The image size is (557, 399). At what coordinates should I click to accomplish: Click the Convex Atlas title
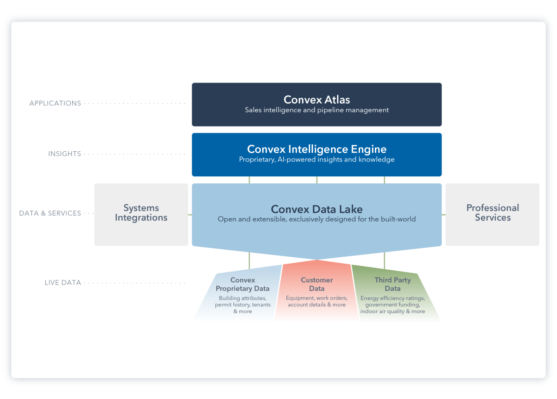[x=316, y=99]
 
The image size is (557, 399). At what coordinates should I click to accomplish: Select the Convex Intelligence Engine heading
[x=316, y=149]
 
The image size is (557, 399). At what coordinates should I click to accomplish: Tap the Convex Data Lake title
[x=316, y=209]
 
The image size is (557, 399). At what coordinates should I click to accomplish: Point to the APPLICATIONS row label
[x=55, y=103]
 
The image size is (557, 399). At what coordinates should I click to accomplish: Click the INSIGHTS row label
[x=65, y=154]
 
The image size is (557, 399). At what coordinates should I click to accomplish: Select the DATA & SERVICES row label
[x=50, y=213]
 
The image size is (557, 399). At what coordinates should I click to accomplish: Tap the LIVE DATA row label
[x=63, y=283]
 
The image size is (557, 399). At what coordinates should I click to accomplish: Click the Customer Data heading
[x=316, y=284]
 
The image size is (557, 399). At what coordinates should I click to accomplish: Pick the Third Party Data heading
[x=392, y=284]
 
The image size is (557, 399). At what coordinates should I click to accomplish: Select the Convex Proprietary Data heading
[x=242, y=284]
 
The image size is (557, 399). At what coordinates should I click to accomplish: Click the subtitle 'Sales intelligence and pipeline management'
[x=316, y=110]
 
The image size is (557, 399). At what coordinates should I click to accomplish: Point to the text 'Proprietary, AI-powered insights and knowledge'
[x=316, y=159]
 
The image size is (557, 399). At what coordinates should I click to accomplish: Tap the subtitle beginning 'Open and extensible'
[x=316, y=219]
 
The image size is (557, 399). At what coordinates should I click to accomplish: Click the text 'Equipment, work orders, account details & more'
[x=316, y=301]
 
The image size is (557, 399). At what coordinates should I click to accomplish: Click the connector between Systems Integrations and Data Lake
[x=190, y=215]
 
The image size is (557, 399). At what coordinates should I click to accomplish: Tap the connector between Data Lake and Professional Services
[x=443, y=215]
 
